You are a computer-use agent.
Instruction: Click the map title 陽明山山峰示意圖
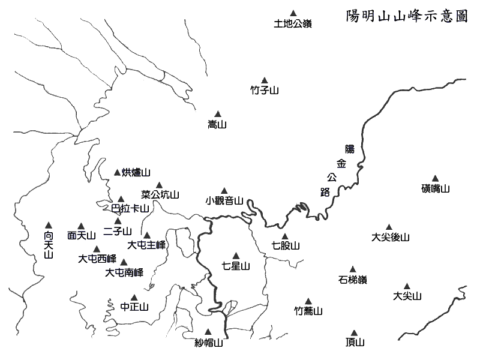click(x=407, y=16)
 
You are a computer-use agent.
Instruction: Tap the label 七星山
click(x=236, y=266)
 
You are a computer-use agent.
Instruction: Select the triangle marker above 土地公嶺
click(x=293, y=13)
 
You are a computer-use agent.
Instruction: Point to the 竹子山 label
click(x=265, y=91)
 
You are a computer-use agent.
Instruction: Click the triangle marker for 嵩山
click(x=218, y=114)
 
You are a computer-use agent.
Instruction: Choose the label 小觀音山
click(x=224, y=201)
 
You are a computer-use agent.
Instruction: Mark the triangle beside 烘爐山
click(x=117, y=173)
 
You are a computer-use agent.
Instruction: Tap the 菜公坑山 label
click(x=160, y=194)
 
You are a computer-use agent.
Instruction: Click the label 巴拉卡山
click(x=130, y=208)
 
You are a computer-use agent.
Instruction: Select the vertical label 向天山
click(x=49, y=245)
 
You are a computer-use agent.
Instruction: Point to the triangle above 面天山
click(x=81, y=226)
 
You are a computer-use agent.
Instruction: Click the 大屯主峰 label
click(x=146, y=245)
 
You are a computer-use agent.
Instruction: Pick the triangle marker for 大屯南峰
click(x=124, y=262)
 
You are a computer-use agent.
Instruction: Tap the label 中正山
click(x=134, y=307)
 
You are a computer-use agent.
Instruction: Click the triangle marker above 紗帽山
click(x=208, y=332)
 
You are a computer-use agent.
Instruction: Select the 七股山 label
click(x=286, y=245)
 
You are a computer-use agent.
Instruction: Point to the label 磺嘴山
click(x=436, y=188)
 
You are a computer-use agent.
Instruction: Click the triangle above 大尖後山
click(x=389, y=227)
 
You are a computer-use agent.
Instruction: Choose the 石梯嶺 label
click(x=353, y=280)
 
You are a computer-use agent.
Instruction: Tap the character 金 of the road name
click(x=341, y=163)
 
